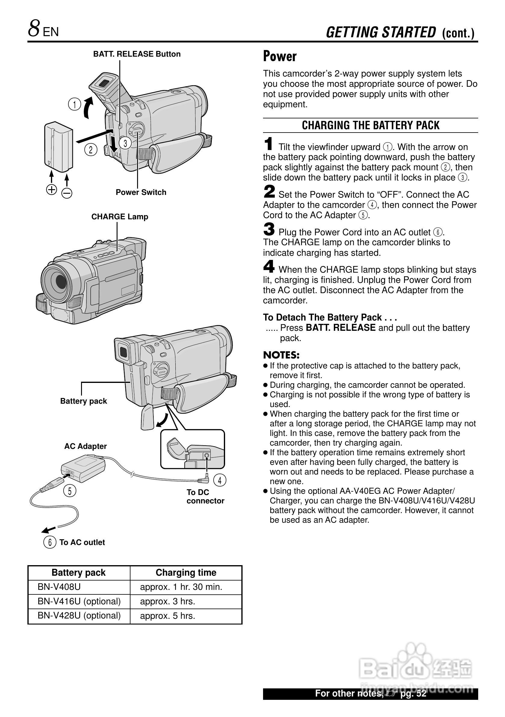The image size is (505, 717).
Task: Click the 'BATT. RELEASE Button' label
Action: (137, 54)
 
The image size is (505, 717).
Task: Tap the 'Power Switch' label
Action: (141, 192)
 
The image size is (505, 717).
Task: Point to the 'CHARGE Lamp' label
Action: (120, 217)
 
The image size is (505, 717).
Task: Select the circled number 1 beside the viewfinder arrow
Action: (75, 104)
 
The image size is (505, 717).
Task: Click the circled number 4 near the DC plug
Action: (220, 480)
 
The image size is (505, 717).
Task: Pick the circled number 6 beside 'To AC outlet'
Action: (50, 542)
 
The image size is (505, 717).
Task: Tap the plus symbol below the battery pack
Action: (52, 189)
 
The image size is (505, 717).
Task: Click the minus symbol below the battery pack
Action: (67, 193)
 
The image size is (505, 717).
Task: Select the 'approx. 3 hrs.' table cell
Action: (168, 601)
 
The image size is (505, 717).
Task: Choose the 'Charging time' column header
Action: (186, 572)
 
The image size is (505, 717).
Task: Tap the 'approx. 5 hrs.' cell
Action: (168, 615)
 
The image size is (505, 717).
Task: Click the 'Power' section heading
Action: (280, 56)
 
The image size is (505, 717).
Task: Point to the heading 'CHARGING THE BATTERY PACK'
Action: (370, 125)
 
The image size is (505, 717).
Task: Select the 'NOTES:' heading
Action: (281, 355)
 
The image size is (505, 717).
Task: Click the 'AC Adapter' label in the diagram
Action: (85, 446)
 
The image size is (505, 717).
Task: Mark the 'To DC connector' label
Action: (205, 496)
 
